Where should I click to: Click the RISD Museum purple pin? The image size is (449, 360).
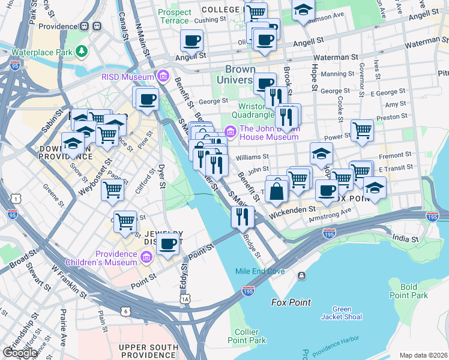(x=163, y=76)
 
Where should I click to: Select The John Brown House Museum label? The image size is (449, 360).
(x=268, y=132)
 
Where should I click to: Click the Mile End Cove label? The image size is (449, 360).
(x=260, y=271)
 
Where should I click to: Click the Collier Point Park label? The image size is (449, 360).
(x=251, y=336)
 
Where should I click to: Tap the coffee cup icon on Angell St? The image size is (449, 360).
(x=191, y=41)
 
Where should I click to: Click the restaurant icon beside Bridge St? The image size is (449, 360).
(x=243, y=217)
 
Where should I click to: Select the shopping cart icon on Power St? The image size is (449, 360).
(x=362, y=130)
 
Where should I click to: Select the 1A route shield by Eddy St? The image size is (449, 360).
(x=185, y=299)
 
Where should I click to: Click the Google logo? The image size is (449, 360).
(x=20, y=353)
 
